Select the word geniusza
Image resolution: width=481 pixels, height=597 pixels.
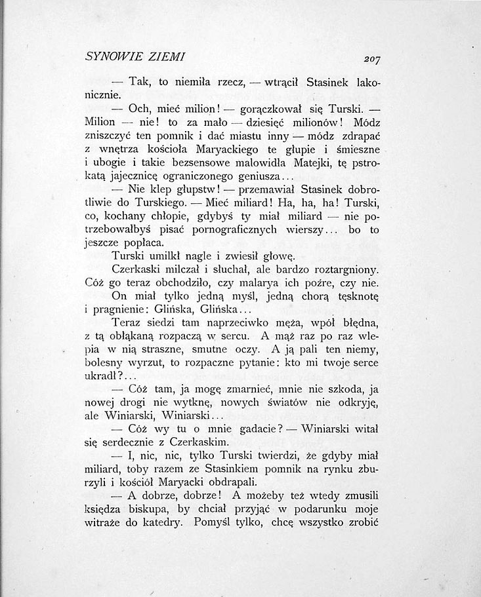pos(260,180)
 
